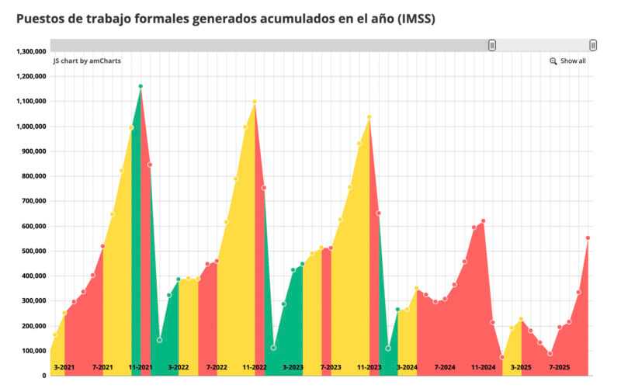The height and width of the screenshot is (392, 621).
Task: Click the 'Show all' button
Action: click(x=573, y=61)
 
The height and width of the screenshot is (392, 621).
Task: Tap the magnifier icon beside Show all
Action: click(x=553, y=61)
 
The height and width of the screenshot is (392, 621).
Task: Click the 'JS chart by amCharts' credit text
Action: click(x=86, y=61)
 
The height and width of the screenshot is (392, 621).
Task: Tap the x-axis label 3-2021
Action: click(x=64, y=366)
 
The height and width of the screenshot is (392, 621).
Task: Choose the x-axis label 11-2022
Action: click(x=255, y=366)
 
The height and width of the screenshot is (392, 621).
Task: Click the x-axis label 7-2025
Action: click(x=560, y=366)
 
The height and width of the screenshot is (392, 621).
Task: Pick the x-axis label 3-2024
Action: click(x=408, y=366)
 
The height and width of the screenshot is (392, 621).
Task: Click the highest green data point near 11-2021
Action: click(x=141, y=86)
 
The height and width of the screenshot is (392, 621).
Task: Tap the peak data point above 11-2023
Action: click(x=369, y=117)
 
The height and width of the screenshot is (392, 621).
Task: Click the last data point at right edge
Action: click(x=588, y=238)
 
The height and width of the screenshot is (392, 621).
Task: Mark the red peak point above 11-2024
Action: click(x=483, y=221)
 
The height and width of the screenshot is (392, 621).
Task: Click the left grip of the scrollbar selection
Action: click(x=492, y=46)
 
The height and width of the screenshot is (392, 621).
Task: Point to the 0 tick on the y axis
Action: click(x=44, y=376)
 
